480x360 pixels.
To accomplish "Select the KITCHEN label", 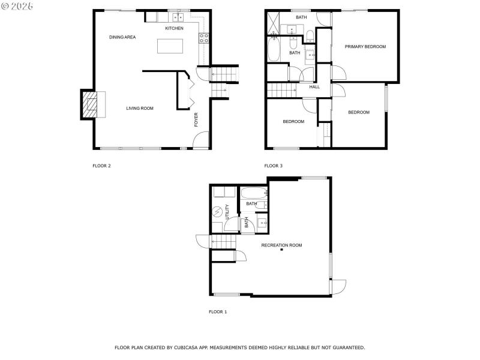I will pyautogui.click(x=174, y=28).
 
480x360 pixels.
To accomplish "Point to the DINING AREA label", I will pyautogui.click(x=122, y=37).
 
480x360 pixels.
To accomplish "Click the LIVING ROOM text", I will pyautogui.click(x=140, y=109).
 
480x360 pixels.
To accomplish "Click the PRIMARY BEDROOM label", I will pyautogui.click(x=365, y=47).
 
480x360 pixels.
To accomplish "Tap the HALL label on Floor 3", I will pyautogui.click(x=314, y=87).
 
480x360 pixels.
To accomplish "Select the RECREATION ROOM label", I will pyautogui.click(x=281, y=245).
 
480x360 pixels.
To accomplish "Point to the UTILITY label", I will pyautogui.click(x=227, y=213).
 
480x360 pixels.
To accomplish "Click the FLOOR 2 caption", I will pyautogui.click(x=101, y=166).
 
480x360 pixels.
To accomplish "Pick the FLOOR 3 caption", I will pyautogui.click(x=273, y=166).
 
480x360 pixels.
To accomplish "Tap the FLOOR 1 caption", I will pyautogui.click(x=218, y=312).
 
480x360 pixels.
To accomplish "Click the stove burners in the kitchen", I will pyautogui.click(x=204, y=38).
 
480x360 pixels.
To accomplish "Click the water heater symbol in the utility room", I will pyautogui.click(x=217, y=212).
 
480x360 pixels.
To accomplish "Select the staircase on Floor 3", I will pyautogui.click(x=283, y=90).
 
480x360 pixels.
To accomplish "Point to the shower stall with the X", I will pyautogui.click(x=273, y=23).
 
